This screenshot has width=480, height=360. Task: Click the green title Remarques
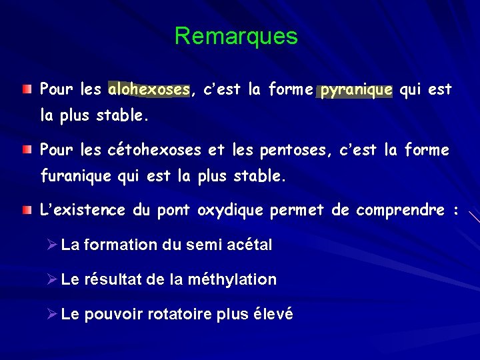pos(236,36)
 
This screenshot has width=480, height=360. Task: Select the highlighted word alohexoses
pos(149,89)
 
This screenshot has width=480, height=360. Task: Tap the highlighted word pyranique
pos(356,89)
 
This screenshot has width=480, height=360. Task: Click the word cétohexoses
pos(154,151)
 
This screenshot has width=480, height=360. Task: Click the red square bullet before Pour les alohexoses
pos(25,89)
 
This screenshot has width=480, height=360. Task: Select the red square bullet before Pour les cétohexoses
pos(25,150)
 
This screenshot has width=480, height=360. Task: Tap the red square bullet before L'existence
pos(25,211)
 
